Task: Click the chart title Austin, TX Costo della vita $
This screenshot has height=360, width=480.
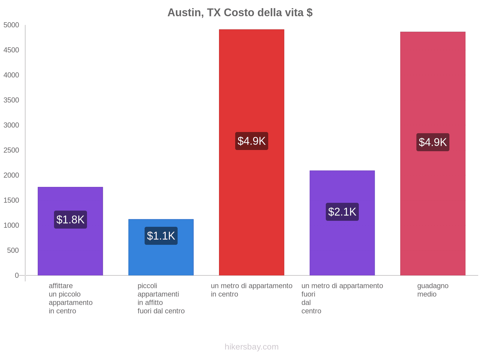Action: tap(240, 13)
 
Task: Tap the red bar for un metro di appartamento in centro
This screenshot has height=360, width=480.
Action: tap(251, 90)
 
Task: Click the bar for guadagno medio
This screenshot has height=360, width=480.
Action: tap(433, 90)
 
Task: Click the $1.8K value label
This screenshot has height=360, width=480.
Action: tap(70, 220)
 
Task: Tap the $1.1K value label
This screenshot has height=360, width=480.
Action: tap(161, 236)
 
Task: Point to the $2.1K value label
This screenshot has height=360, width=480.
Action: tap(342, 212)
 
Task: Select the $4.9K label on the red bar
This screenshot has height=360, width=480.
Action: tap(251, 141)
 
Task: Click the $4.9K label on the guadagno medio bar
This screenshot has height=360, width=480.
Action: tap(433, 142)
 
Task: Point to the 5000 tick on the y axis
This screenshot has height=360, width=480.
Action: tap(11, 25)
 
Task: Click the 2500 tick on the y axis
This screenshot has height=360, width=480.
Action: tap(11, 150)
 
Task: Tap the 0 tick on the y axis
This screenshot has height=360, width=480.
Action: tap(17, 275)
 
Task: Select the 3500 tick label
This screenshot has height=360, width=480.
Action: tap(11, 100)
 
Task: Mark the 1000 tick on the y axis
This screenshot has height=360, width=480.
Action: tap(11, 225)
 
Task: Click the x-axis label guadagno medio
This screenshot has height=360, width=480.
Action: tap(433, 290)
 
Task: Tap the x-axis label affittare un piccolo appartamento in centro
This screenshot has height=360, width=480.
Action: tap(70, 298)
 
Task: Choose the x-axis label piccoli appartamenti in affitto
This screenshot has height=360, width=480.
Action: tap(161, 298)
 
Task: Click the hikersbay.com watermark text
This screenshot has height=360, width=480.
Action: tap(251, 347)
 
